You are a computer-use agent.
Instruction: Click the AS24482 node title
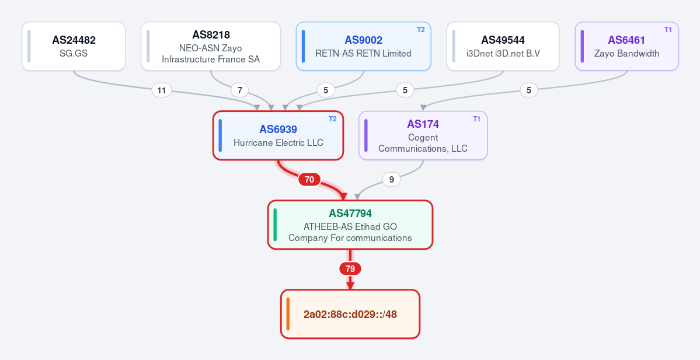74,40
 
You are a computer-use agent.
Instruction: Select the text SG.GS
74,54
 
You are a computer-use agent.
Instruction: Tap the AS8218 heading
211,35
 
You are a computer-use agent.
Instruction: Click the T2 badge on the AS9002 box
420,30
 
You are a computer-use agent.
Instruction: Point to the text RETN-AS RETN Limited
363,54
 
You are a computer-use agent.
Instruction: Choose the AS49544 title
503,40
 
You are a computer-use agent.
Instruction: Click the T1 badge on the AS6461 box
668,30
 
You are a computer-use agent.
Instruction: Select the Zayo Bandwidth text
627,54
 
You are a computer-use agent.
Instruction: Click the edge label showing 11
162,90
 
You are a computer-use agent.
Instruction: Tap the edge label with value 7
240,90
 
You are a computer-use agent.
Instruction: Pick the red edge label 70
309,180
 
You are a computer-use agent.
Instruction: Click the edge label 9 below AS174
392,180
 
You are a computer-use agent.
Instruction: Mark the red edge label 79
350,269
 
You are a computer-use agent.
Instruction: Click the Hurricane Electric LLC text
278,143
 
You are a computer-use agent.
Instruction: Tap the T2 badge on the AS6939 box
333,119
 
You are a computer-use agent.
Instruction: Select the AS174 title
423,124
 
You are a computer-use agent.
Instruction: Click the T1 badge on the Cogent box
476,119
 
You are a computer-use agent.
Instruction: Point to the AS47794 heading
350,213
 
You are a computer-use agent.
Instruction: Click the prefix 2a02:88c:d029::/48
350,314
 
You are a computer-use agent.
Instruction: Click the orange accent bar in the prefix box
288,314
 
